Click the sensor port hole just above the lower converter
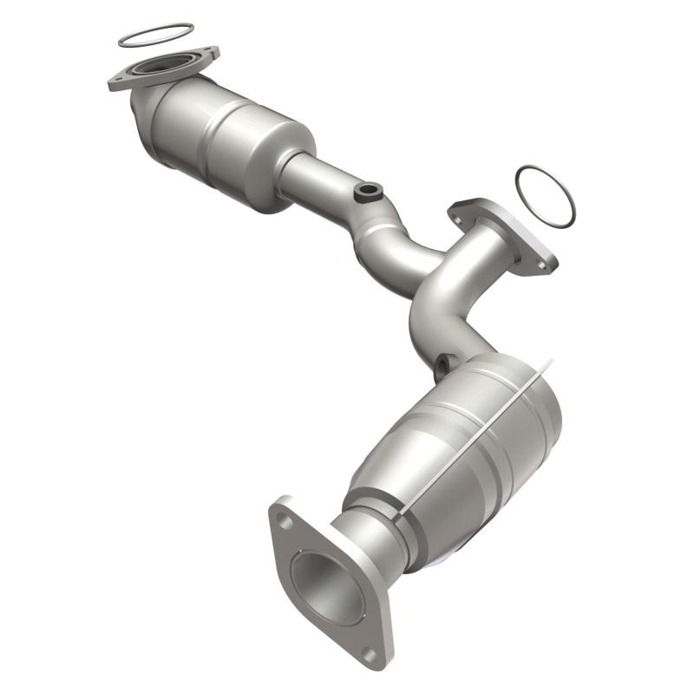443,364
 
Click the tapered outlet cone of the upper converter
291,169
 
